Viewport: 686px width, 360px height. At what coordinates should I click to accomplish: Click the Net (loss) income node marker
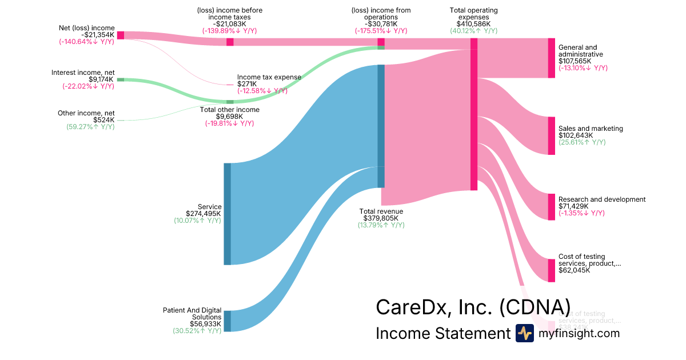pos(121,35)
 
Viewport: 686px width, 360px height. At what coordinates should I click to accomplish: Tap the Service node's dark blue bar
pos(227,214)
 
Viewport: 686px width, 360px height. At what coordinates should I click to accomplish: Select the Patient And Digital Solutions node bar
pos(227,321)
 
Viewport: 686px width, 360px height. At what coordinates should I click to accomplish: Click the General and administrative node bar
pos(551,58)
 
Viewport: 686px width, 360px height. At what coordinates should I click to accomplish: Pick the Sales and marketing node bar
pos(551,136)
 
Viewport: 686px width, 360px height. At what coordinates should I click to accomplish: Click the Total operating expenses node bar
pos(474,120)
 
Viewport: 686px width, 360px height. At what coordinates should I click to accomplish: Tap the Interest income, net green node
pos(121,79)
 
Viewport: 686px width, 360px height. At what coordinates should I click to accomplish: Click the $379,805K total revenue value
pos(381,218)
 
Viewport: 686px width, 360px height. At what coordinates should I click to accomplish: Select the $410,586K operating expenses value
pos(473,24)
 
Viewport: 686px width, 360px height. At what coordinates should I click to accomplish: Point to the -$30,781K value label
pos(381,24)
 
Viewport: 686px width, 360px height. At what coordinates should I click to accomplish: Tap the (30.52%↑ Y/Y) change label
pos(197,330)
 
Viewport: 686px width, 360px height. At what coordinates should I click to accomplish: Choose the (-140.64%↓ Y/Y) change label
pos(86,42)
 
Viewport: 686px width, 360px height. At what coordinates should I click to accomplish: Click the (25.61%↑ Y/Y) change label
pos(582,142)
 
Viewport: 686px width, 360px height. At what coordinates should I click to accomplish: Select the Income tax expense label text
pos(269,77)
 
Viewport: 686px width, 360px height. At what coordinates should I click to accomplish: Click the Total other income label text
pos(229,110)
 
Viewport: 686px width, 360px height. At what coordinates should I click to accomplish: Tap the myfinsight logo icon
pos(524,333)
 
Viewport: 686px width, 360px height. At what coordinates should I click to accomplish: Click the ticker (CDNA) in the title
pos(535,307)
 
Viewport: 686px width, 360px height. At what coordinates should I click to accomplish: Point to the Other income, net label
pos(86,113)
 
